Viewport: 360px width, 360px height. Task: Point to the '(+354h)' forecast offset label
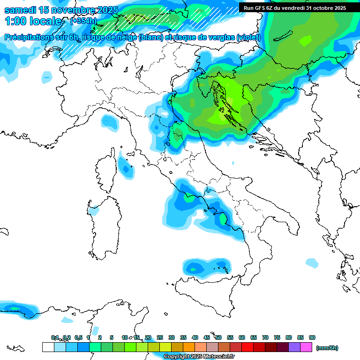pyautogui.click(x=83, y=21)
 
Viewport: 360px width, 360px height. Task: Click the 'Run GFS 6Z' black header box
pyautogui.click(x=294, y=7)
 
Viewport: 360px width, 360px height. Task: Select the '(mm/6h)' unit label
pyautogui.click(x=327, y=348)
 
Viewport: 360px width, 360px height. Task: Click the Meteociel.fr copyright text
pyautogui.click(x=199, y=357)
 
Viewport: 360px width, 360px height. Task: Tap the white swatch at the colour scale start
pyautogui.click(x=48, y=347)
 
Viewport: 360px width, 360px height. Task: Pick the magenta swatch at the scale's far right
pyautogui.click(x=306, y=347)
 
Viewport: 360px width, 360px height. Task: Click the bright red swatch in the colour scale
pyautogui.click(x=247, y=347)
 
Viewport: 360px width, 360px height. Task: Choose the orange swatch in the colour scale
pyautogui.click(x=189, y=347)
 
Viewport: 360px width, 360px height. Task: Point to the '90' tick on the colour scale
pyautogui.click(x=312, y=337)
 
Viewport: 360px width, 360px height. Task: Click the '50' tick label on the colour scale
pyautogui.click(x=218, y=337)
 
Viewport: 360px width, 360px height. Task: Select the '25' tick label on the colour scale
pyautogui.click(x=160, y=337)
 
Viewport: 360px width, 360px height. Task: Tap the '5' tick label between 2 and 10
pyautogui.click(x=112, y=337)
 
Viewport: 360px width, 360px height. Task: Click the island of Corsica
pyautogui.click(x=106, y=171)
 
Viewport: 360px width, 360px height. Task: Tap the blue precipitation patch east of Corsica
pyautogui.click(x=125, y=168)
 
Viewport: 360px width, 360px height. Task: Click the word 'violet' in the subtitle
pyautogui.click(x=247, y=37)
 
